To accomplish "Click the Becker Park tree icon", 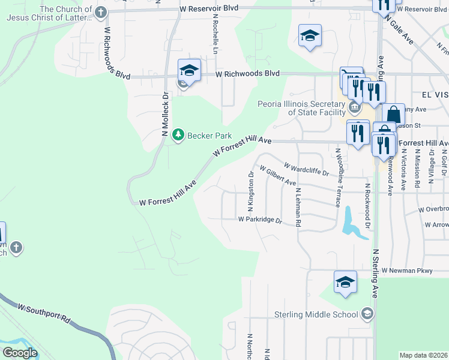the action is click(178, 135).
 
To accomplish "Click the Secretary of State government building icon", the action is click(355, 108).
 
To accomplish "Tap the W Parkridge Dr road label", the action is click(260, 220).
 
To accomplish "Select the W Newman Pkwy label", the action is click(406, 271).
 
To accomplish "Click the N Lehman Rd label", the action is click(298, 208).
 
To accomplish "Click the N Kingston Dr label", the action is click(251, 192).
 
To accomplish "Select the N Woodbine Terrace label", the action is click(339, 178).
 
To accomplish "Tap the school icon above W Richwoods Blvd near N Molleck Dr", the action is click(188, 71).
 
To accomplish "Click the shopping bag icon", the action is click(393, 114).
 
